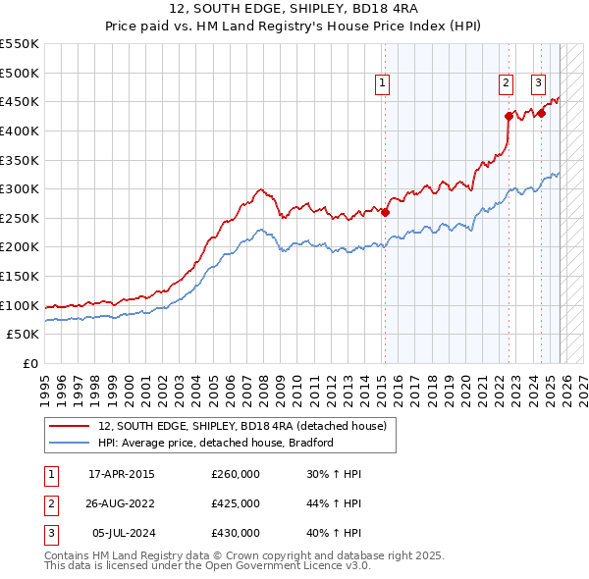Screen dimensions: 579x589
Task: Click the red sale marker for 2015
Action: (385, 212)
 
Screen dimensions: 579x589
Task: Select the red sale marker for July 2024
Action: (541, 113)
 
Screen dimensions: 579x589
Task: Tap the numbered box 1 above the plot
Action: (381, 84)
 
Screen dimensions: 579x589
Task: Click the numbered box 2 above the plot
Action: (506, 84)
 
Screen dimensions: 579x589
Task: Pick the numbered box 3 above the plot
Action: (539, 84)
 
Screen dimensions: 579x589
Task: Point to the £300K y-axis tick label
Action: (21, 188)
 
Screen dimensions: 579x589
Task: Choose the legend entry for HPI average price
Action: (216, 443)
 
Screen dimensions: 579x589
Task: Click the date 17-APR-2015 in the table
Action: (122, 475)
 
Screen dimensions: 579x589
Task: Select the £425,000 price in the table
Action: (236, 503)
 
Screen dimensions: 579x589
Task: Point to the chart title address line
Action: (294, 11)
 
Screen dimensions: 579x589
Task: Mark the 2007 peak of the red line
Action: (260, 188)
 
